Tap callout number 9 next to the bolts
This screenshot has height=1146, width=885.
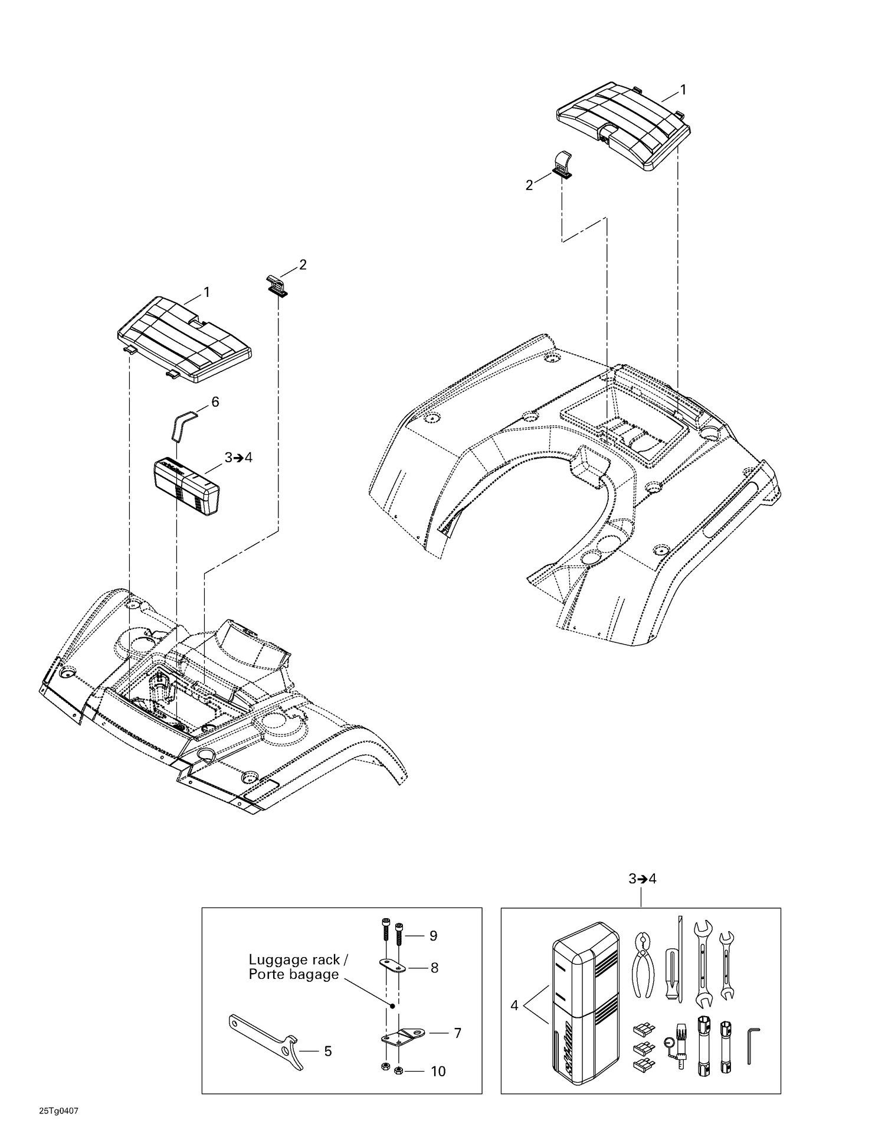433,936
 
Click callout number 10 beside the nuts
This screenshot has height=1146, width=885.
438,1071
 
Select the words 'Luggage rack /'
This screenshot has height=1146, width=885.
294,960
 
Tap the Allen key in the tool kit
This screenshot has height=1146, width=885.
752,1045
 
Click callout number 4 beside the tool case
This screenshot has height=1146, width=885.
514,1005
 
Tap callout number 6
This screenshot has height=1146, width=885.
215,402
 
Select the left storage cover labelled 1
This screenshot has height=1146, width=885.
184,339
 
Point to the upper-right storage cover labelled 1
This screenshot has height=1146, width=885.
624,126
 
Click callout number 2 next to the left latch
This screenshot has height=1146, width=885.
303,265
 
